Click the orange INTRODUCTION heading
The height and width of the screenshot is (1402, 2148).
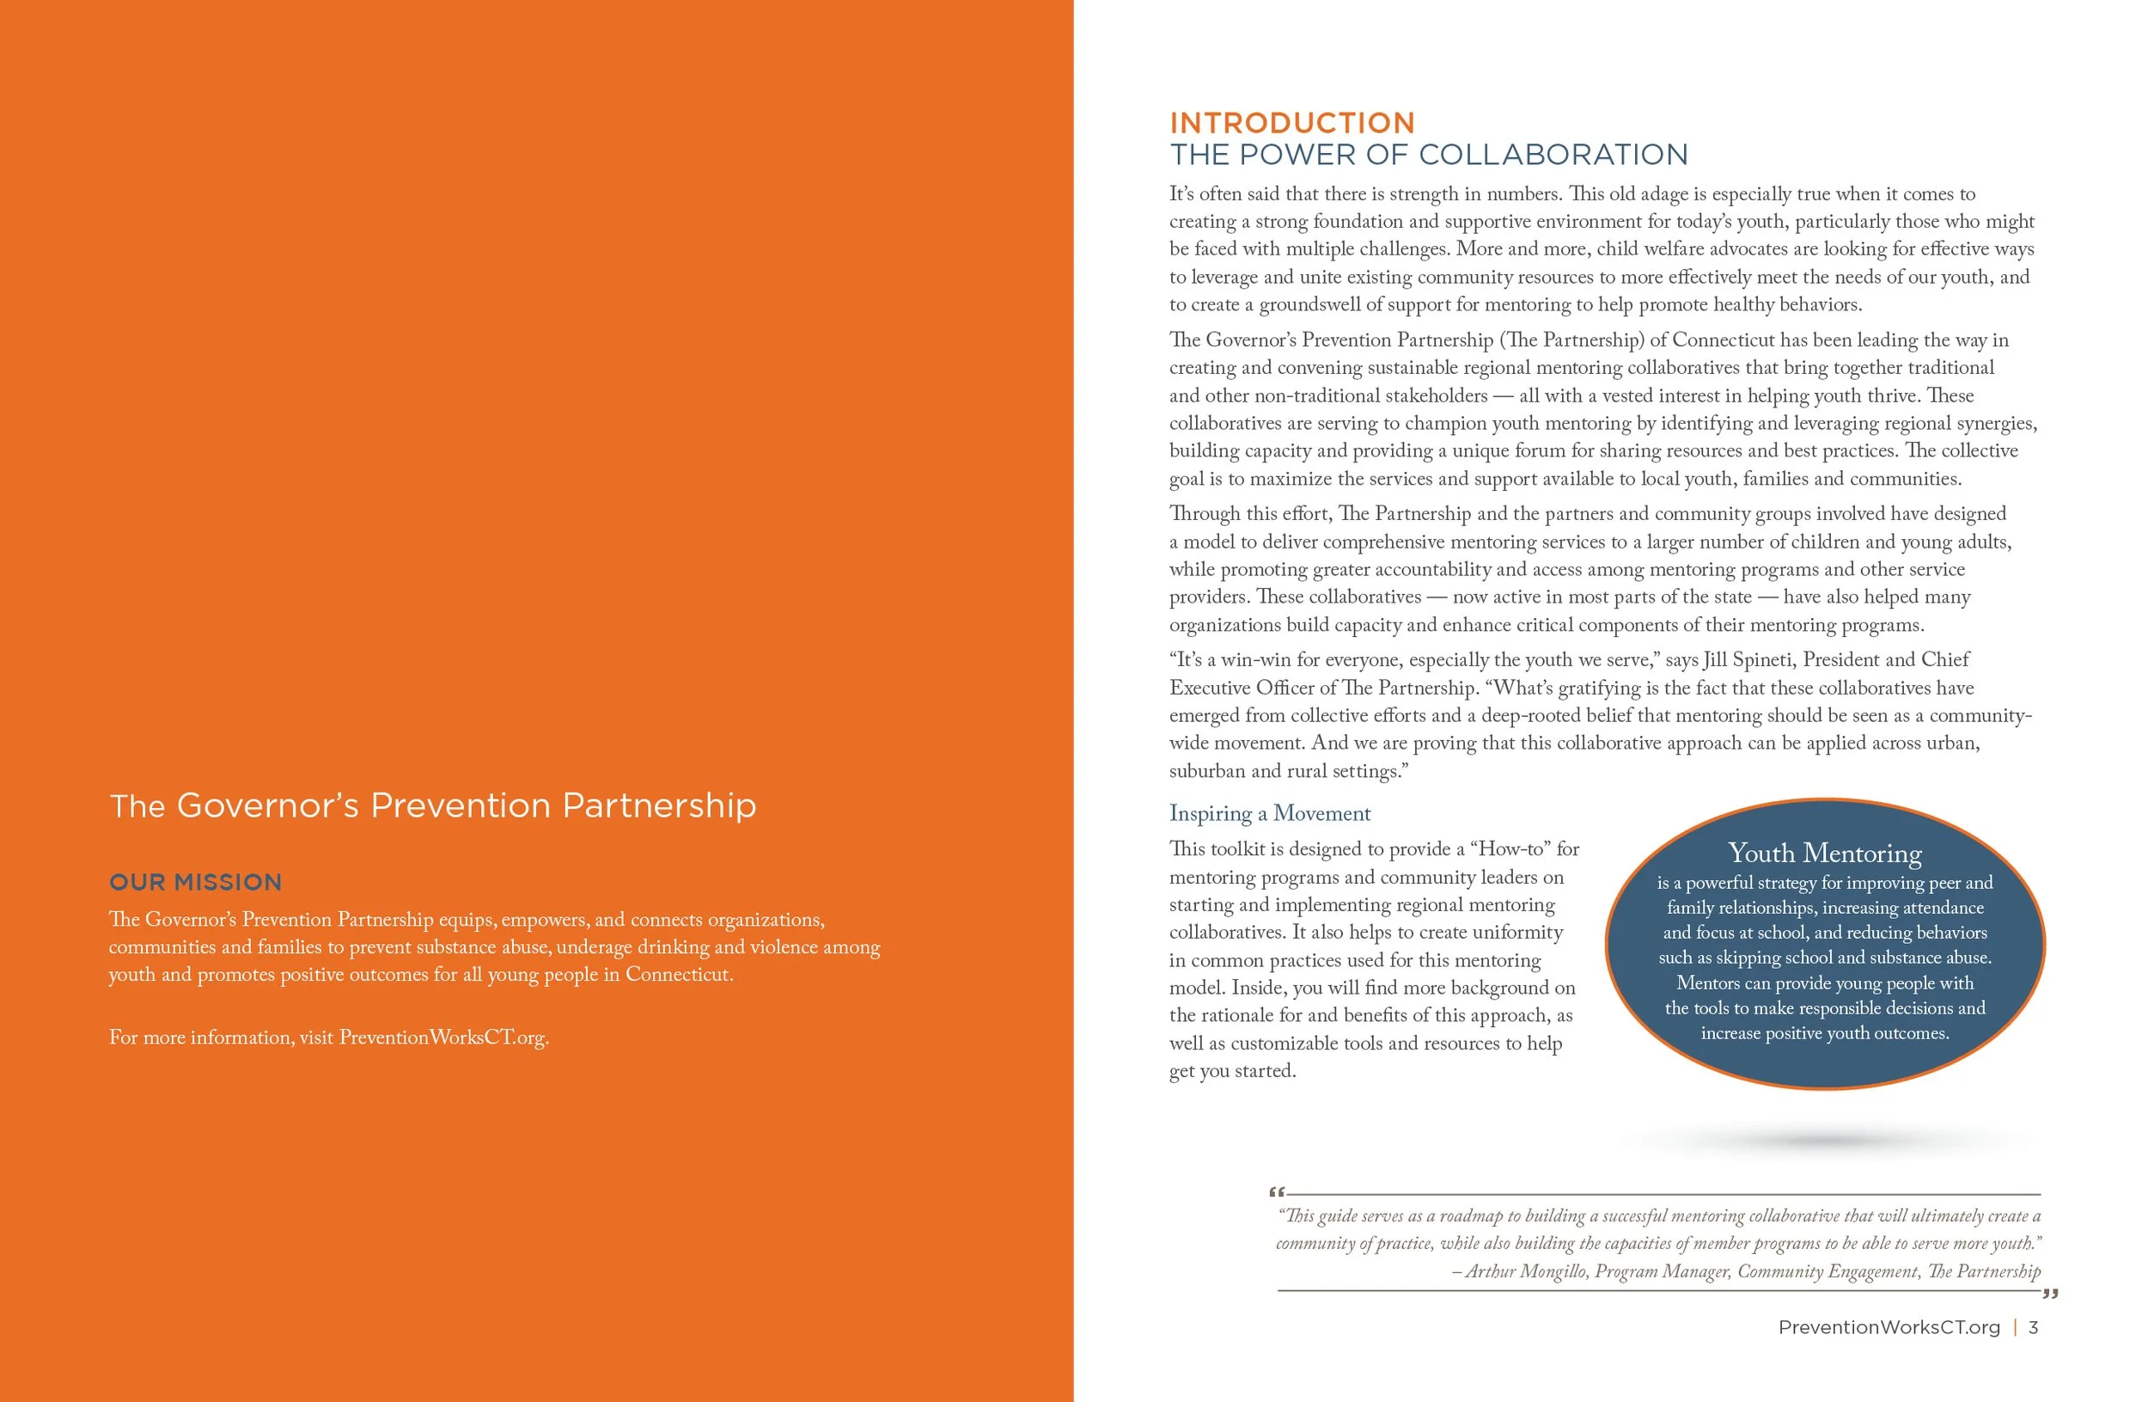point(1291,123)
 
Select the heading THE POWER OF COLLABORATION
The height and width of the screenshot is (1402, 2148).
point(1428,156)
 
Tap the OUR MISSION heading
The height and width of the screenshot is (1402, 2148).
point(195,882)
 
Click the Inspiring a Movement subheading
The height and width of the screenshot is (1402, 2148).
point(1269,813)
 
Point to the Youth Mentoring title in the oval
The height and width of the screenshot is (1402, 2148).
point(1824,853)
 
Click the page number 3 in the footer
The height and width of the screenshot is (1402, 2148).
point(2034,1327)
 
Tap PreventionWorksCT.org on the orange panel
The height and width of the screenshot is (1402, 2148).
point(443,1038)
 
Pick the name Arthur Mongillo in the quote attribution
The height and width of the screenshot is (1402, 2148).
point(1524,1271)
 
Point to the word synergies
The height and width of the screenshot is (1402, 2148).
point(1994,424)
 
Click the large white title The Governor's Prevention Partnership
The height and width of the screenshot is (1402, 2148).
point(432,805)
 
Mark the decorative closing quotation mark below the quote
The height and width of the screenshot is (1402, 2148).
point(2050,1295)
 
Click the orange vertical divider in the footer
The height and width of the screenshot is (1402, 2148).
point(2016,1327)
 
